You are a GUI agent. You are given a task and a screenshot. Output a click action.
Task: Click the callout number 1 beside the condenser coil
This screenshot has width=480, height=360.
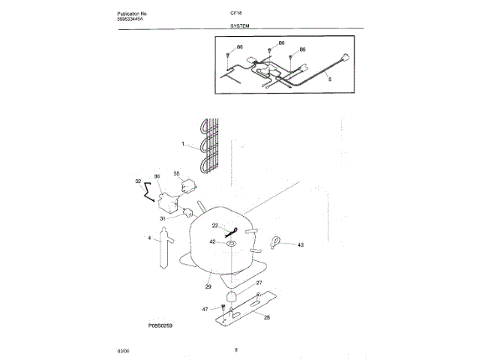pyautogui.click(x=181, y=142)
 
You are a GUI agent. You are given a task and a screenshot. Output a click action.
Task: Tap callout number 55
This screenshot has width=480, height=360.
pyautogui.click(x=178, y=174)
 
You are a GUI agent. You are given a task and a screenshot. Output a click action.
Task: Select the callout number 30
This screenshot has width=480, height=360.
pyautogui.click(x=157, y=176)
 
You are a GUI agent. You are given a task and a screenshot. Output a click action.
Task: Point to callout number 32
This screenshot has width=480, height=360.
pyautogui.click(x=137, y=181)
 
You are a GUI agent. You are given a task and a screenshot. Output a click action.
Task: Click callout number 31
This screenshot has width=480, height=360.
pyautogui.click(x=162, y=218)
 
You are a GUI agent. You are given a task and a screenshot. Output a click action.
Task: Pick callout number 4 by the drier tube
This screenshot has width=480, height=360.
pyautogui.click(x=149, y=238)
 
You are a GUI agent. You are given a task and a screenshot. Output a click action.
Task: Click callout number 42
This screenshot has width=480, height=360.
pyautogui.click(x=212, y=241)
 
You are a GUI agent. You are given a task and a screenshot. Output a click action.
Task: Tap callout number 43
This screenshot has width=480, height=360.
pyautogui.click(x=301, y=244)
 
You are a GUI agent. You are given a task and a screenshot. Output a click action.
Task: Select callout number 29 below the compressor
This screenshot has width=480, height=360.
pyautogui.click(x=208, y=286)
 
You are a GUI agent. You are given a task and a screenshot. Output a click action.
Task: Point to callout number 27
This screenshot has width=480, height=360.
pyautogui.click(x=259, y=283)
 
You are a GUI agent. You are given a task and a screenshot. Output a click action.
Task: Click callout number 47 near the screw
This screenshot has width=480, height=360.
pyautogui.click(x=205, y=308)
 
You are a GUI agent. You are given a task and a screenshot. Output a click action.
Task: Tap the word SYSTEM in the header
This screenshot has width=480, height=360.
pyautogui.click(x=240, y=26)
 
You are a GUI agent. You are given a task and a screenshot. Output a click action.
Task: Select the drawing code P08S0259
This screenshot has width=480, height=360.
pyautogui.click(x=160, y=327)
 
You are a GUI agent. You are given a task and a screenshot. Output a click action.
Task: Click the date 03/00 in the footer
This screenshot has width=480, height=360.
pyautogui.click(x=123, y=350)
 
